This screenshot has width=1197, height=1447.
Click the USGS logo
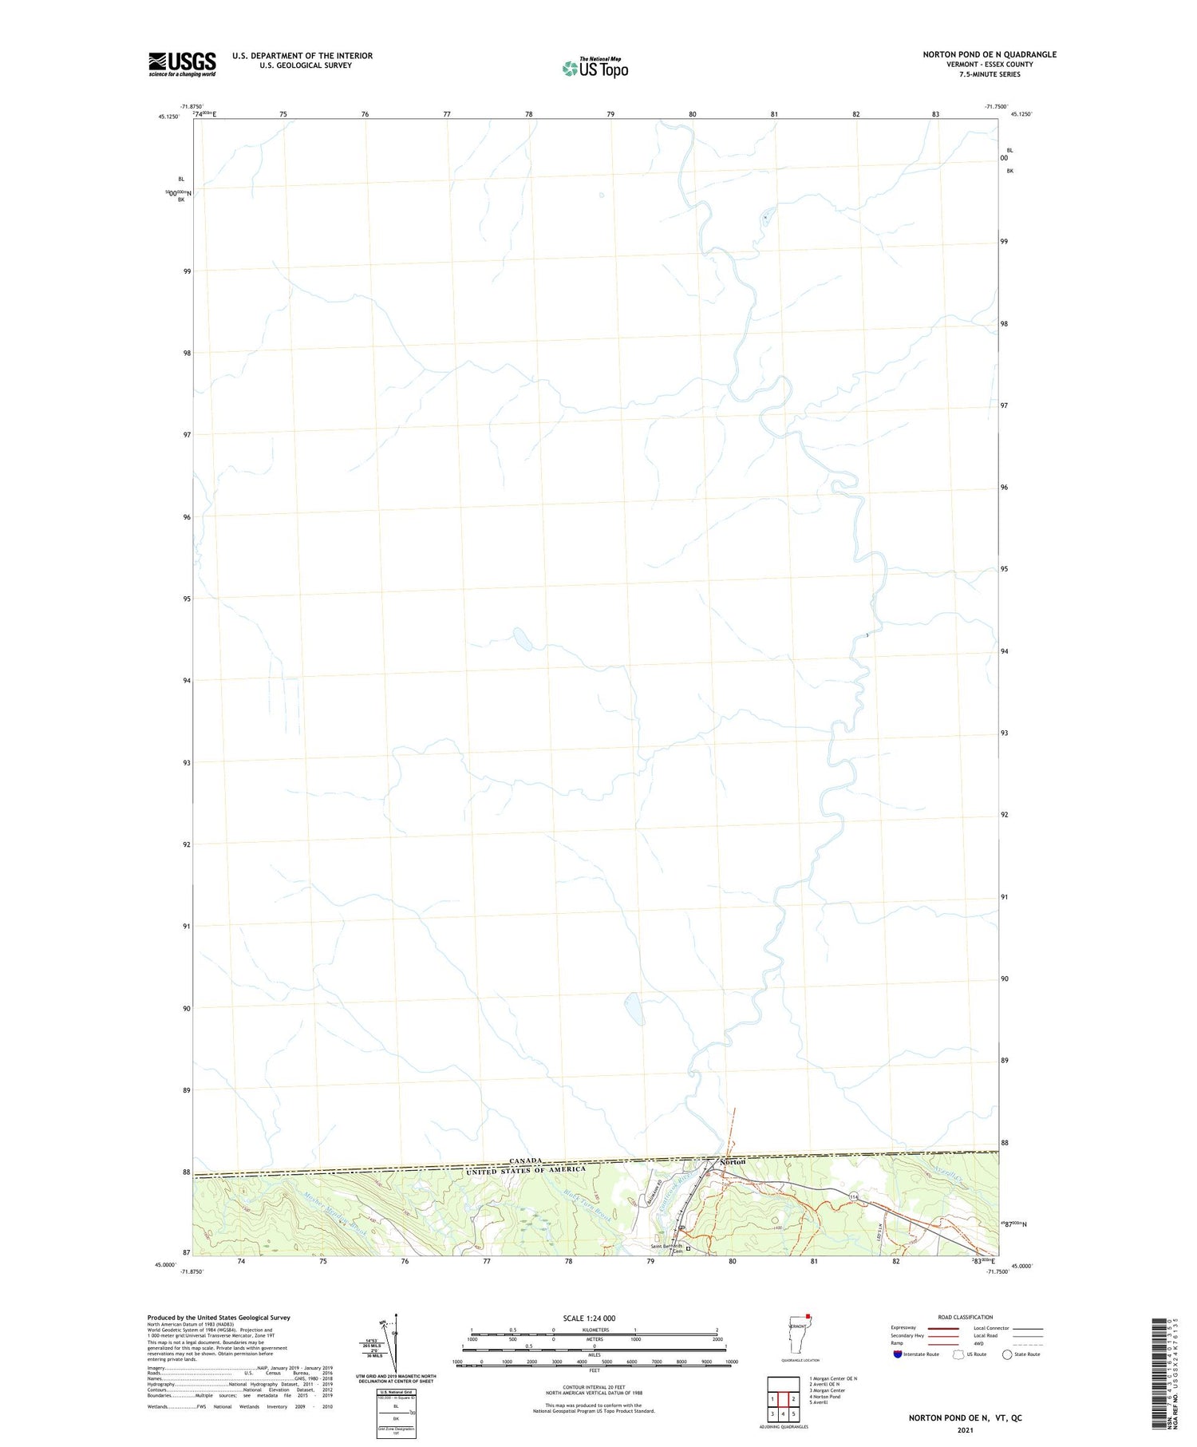click(x=182, y=64)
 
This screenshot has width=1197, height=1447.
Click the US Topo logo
click(x=595, y=68)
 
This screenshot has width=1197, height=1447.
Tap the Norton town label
click(x=733, y=1162)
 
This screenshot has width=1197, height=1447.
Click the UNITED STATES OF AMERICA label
click(x=526, y=1170)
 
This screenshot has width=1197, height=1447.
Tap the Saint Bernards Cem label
click(x=667, y=1247)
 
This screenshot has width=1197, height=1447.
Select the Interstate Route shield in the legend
click(x=897, y=1354)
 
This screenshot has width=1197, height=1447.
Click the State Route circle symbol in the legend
click(x=1007, y=1354)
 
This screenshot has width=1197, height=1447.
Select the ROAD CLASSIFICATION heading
click(x=966, y=1317)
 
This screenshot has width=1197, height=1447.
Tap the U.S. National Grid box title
click(x=396, y=1391)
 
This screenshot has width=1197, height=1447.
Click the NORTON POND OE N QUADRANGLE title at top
click(x=989, y=54)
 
